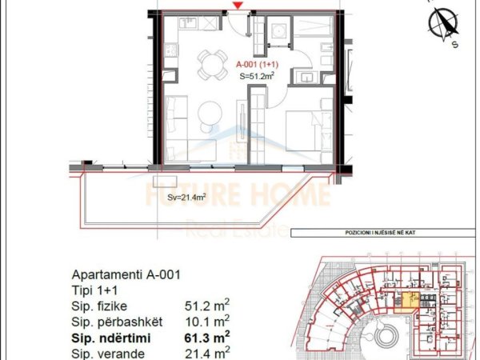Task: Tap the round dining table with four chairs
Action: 212,62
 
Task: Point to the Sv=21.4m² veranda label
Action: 188,195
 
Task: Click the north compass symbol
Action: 443,25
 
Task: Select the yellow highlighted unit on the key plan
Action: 408,302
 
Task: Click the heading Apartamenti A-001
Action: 126,274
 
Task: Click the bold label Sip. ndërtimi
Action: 117,338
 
